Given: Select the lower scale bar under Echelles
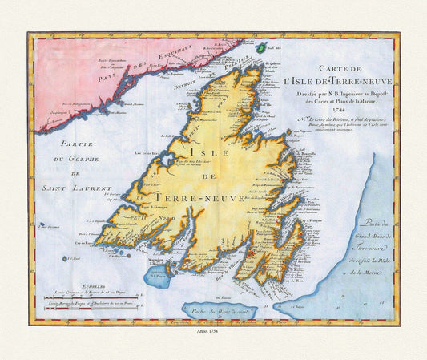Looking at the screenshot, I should pyautogui.click(x=88, y=304).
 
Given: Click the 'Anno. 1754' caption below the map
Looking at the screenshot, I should pyautogui.click(x=212, y=334).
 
